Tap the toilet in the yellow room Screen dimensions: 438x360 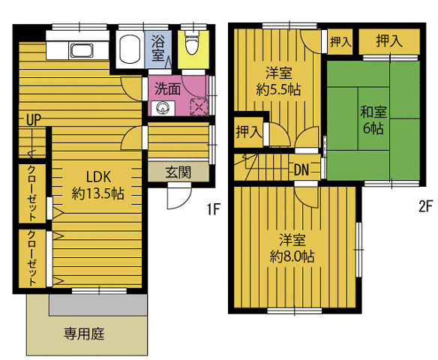click(x=193, y=43)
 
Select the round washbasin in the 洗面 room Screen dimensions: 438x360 click(x=162, y=107)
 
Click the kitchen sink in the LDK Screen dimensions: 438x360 click(x=81, y=50)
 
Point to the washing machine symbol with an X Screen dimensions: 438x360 click(x=199, y=106)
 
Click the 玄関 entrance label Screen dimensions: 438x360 click(x=178, y=172)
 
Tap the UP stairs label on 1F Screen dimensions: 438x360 click(x=34, y=120)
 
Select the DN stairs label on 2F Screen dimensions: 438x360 click(x=301, y=169)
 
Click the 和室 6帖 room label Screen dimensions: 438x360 click(x=373, y=120)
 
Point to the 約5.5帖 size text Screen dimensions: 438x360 click(x=278, y=90)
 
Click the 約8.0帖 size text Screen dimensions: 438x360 click(x=292, y=256)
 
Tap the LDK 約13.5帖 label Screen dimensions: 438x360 click(x=98, y=185)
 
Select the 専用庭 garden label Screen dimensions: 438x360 click(x=84, y=334)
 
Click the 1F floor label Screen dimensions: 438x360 click(x=214, y=208)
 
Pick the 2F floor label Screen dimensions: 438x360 click(x=425, y=207)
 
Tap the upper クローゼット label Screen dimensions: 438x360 click(x=32, y=193)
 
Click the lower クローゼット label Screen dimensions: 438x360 click(x=32, y=258)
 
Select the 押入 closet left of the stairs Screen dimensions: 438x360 click(x=248, y=132)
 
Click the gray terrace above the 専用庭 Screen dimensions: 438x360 click(x=98, y=304)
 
